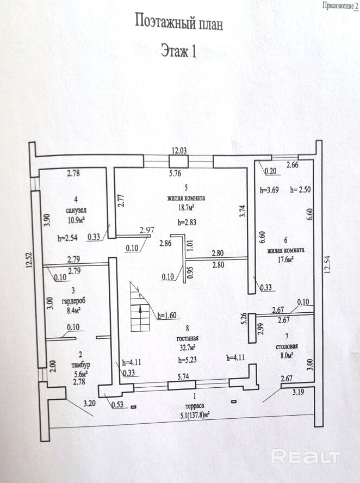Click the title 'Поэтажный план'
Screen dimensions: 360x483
(179, 22)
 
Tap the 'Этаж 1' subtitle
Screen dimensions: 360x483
(178, 51)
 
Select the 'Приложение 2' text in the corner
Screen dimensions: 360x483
(340, 6)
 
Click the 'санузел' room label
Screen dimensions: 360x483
(76, 210)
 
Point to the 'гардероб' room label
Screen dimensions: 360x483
(73, 301)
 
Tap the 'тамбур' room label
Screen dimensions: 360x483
(80, 365)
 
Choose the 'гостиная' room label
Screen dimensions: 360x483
(188, 338)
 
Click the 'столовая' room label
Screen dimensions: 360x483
(287, 346)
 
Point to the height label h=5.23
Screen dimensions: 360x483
(187, 360)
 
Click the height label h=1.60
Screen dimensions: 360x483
(167, 315)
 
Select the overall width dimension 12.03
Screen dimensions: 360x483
(179, 151)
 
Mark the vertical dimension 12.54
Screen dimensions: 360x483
(327, 264)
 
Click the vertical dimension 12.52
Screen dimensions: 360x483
(29, 260)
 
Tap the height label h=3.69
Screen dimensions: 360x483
(269, 190)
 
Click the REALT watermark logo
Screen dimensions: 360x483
(306, 456)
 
